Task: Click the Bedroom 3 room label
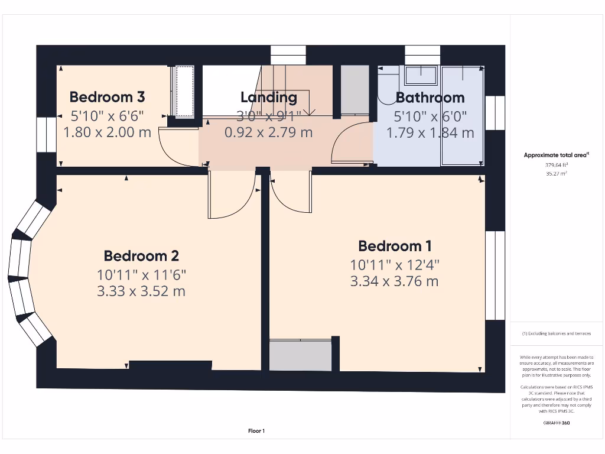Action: [x=107, y=96]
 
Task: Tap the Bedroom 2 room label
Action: [x=141, y=255]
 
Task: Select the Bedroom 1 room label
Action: [x=395, y=245]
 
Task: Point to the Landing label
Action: [x=268, y=97]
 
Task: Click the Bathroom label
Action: [x=430, y=97]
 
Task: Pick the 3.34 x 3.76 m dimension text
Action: [x=395, y=281]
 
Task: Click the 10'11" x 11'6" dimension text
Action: [x=141, y=274]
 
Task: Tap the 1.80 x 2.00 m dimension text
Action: [x=107, y=132]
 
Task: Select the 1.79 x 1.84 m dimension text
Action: [x=430, y=132]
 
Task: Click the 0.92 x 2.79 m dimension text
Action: [x=268, y=132]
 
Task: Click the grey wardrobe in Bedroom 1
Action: [x=300, y=355]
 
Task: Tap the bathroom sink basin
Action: [x=421, y=75]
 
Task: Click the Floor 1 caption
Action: [x=256, y=431]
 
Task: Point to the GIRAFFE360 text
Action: [x=555, y=423]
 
